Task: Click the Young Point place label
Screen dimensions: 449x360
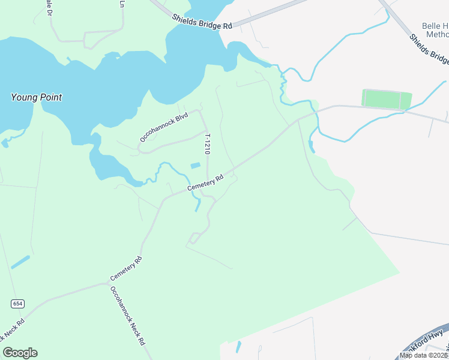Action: click(37, 97)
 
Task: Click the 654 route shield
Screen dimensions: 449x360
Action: click(17, 304)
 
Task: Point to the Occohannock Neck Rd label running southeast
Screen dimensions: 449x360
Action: click(127, 316)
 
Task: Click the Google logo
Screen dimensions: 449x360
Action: click(20, 352)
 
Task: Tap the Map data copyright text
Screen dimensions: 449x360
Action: click(423, 355)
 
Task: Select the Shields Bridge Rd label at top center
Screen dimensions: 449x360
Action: click(202, 22)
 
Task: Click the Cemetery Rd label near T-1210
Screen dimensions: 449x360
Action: click(205, 183)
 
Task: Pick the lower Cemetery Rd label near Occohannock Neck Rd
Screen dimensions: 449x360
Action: click(126, 269)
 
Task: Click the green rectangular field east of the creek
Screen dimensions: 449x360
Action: click(387, 100)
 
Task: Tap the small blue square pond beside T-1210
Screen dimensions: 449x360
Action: click(195, 166)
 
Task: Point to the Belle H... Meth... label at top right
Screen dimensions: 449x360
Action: click(436, 31)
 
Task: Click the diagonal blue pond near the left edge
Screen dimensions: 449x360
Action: click(20, 262)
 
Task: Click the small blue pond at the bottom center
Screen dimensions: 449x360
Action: click(238, 347)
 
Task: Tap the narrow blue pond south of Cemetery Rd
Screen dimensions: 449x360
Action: click(197, 205)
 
